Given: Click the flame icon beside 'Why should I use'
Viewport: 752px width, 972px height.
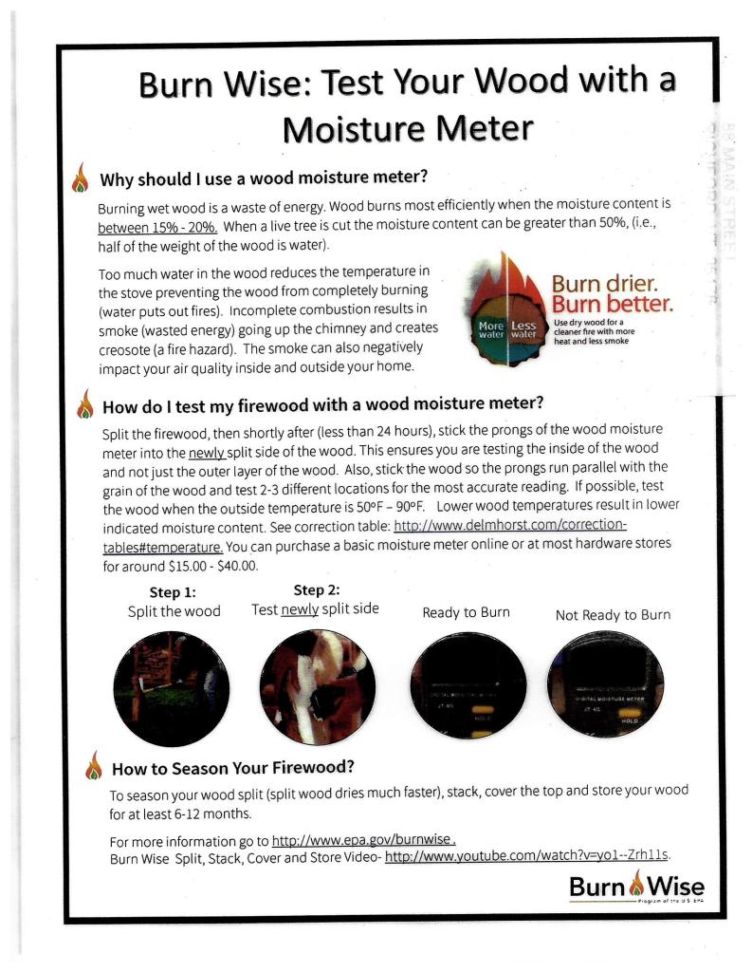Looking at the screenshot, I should pyautogui.click(x=80, y=178).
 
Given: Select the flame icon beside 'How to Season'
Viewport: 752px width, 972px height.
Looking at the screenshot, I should pyautogui.click(x=93, y=764).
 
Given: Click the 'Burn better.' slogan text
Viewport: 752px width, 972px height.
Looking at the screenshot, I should pyautogui.click(x=613, y=306).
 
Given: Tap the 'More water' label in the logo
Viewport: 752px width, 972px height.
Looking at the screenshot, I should pyautogui.click(x=490, y=328).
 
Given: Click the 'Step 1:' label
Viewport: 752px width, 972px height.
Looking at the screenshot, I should pyautogui.click(x=174, y=593).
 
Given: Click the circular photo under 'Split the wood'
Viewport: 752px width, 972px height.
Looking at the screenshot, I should pyautogui.click(x=171, y=676).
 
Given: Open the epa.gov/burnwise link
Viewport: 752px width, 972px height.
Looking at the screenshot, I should pyautogui.click(x=364, y=841).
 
